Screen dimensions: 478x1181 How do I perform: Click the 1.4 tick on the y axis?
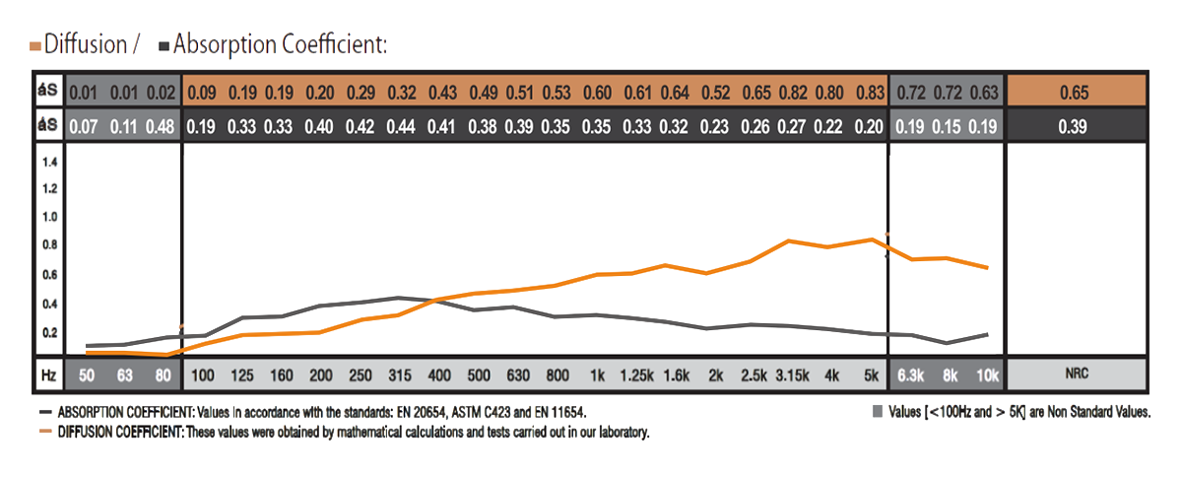click(49, 161)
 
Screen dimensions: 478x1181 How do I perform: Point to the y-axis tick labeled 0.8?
click(49, 245)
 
